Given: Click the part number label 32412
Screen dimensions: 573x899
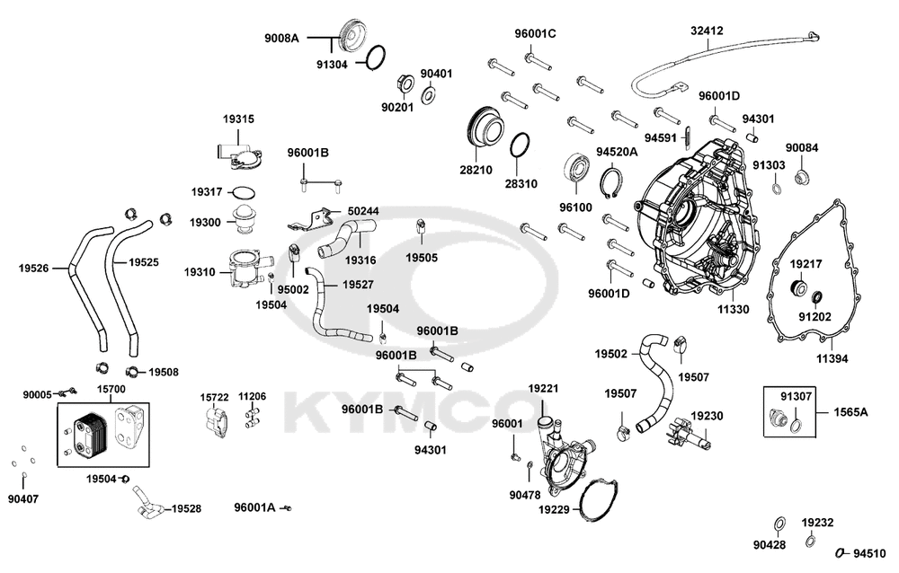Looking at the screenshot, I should click(x=707, y=31).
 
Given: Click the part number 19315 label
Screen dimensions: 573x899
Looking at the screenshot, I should click(x=239, y=119).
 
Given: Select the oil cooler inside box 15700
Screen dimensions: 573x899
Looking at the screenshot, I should click(x=88, y=433).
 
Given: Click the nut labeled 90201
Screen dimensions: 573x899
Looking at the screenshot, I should click(x=403, y=86).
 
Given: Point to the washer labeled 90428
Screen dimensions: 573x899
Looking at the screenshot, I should click(x=779, y=524).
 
